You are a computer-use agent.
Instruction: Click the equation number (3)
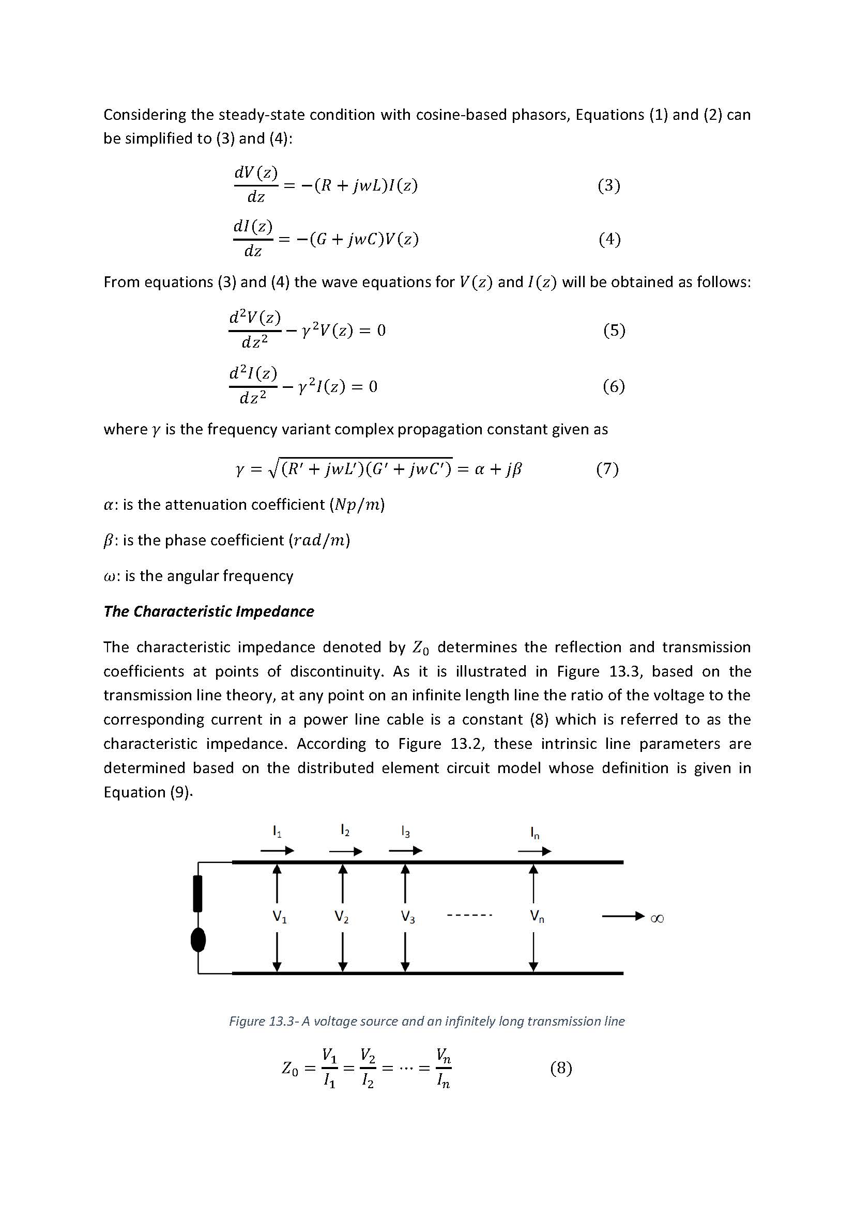click(608, 185)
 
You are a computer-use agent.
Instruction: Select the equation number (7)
click(607, 468)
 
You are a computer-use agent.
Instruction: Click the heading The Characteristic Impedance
click(208, 611)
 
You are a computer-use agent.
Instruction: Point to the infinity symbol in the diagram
click(657, 918)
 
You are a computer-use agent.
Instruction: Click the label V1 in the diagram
click(279, 917)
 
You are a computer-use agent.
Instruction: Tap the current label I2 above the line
click(345, 830)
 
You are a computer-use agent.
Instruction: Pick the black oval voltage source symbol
click(198, 940)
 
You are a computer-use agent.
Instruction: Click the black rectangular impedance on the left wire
click(198, 893)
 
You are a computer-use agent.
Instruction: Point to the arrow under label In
click(535, 851)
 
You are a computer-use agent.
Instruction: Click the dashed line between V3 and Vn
click(469, 916)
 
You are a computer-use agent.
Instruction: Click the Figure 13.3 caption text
click(426, 1021)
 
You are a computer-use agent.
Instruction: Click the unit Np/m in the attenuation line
click(357, 505)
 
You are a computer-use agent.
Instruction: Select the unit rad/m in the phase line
click(319, 540)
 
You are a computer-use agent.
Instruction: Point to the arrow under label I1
click(278, 851)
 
